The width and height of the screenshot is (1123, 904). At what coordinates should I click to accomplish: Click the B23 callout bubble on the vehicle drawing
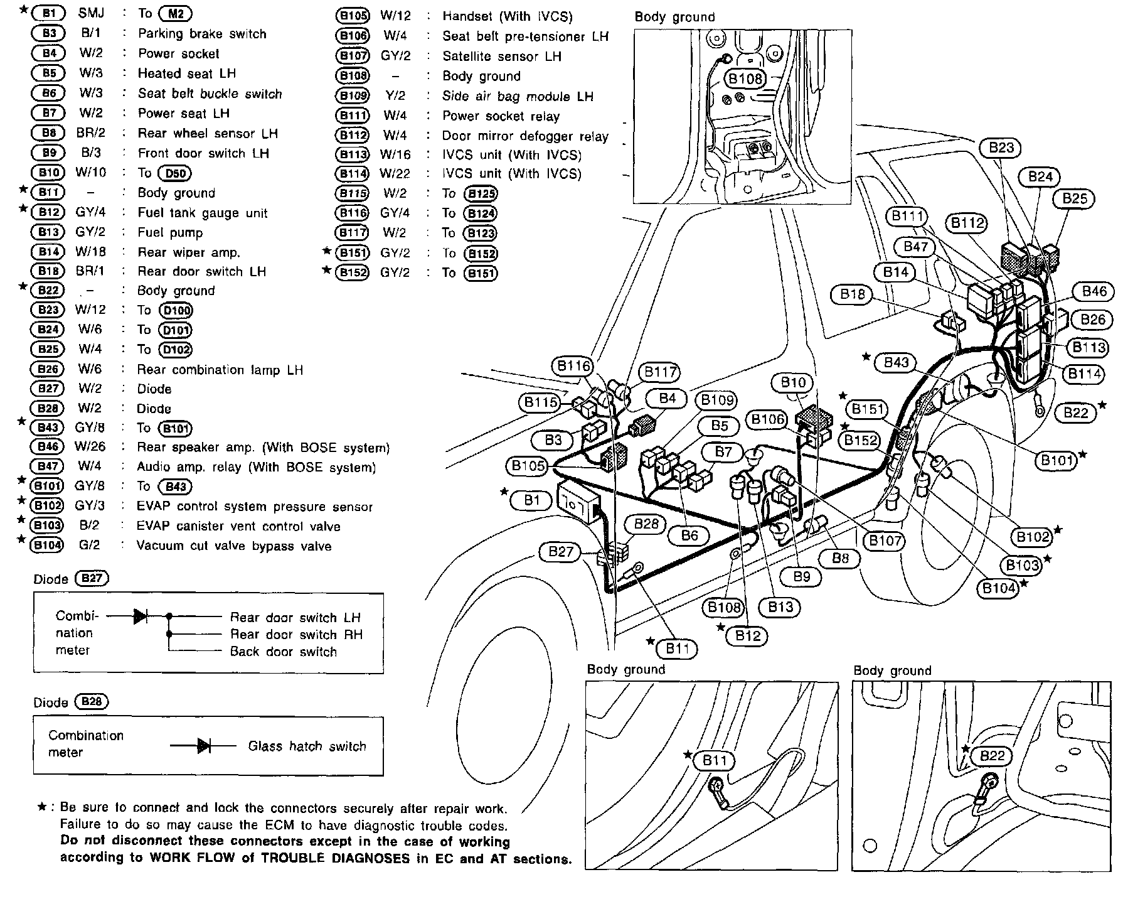tap(1001, 148)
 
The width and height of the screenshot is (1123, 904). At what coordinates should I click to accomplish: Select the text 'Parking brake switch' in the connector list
tap(202, 34)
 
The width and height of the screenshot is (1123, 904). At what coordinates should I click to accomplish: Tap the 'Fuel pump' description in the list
tap(170, 233)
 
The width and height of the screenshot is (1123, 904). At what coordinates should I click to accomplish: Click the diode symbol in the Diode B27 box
tap(141, 616)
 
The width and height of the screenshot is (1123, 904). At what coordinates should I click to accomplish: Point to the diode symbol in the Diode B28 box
tap(204, 746)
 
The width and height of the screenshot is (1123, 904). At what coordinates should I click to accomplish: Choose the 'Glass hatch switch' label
tap(307, 746)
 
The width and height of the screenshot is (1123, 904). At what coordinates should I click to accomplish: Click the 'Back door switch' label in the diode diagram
tap(284, 652)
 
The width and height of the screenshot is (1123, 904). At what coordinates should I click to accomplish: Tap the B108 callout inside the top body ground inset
tap(745, 78)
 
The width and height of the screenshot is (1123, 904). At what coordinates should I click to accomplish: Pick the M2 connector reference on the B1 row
tap(176, 14)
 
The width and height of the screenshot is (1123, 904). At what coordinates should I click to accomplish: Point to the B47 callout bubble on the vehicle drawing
tap(915, 247)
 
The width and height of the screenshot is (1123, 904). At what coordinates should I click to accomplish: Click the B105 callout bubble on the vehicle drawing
tap(528, 465)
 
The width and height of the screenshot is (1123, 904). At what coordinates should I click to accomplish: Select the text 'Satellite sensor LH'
tap(502, 56)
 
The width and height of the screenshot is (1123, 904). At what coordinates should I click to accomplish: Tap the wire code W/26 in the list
tap(91, 447)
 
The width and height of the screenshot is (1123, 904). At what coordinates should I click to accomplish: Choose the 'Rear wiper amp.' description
tap(189, 253)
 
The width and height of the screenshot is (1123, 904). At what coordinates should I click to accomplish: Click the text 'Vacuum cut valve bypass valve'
tap(234, 546)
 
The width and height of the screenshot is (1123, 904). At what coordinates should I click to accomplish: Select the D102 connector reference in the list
tap(176, 350)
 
